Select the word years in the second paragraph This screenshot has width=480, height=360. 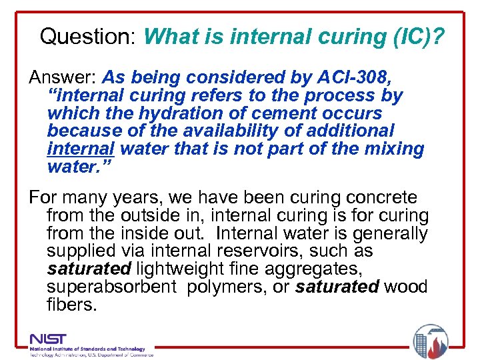click(x=136, y=198)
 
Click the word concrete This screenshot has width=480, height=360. click(x=378, y=198)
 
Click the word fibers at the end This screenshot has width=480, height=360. click(x=72, y=305)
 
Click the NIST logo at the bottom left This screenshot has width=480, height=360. click(x=49, y=339)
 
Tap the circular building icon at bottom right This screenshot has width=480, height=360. click(x=430, y=339)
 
